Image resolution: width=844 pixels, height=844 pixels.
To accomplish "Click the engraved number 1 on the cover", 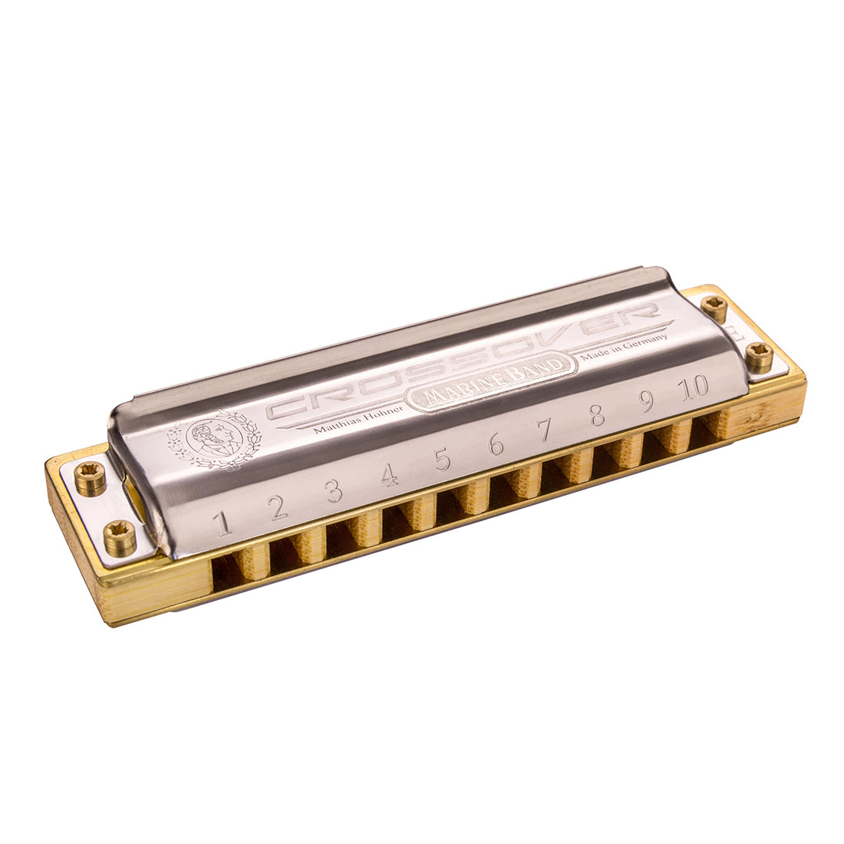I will (x=223, y=524).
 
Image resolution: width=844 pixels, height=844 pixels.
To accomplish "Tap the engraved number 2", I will (x=279, y=506).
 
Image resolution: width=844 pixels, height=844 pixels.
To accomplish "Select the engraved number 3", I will (x=334, y=490).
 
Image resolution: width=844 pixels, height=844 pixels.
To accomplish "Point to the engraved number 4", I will (x=390, y=476).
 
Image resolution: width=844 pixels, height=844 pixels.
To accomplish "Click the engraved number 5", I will (x=443, y=459).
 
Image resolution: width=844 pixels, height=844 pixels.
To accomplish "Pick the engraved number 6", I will (x=496, y=443).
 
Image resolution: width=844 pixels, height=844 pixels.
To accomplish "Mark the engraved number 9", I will (x=647, y=401).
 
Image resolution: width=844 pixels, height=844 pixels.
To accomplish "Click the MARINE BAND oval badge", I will (x=495, y=381).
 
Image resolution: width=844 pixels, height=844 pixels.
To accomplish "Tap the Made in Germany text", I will (x=623, y=347).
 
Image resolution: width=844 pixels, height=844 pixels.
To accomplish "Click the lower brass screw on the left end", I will (x=120, y=537).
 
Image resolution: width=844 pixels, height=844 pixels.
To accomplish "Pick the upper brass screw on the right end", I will (x=715, y=308).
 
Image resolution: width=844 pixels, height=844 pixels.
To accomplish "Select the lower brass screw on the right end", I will (x=760, y=357).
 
